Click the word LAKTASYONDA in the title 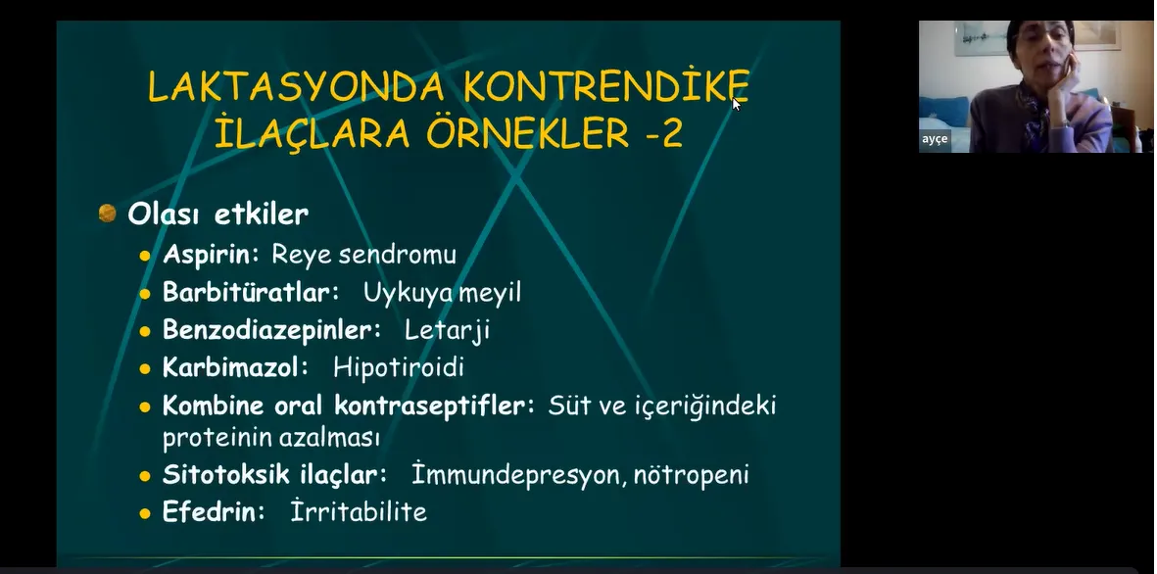(x=296, y=87)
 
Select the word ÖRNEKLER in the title (x=528, y=133)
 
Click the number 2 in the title (x=672, y=134)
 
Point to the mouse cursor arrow (x=737, y=104)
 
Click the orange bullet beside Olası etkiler (x=108, y=214)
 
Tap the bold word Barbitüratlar (x=250, y=292)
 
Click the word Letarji (x=447, y=331)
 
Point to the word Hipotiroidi (x=399, y=367)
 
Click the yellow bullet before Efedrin (x=145, y=513)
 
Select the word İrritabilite (x=359, y=511)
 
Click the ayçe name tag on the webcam (x=935, y=139)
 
